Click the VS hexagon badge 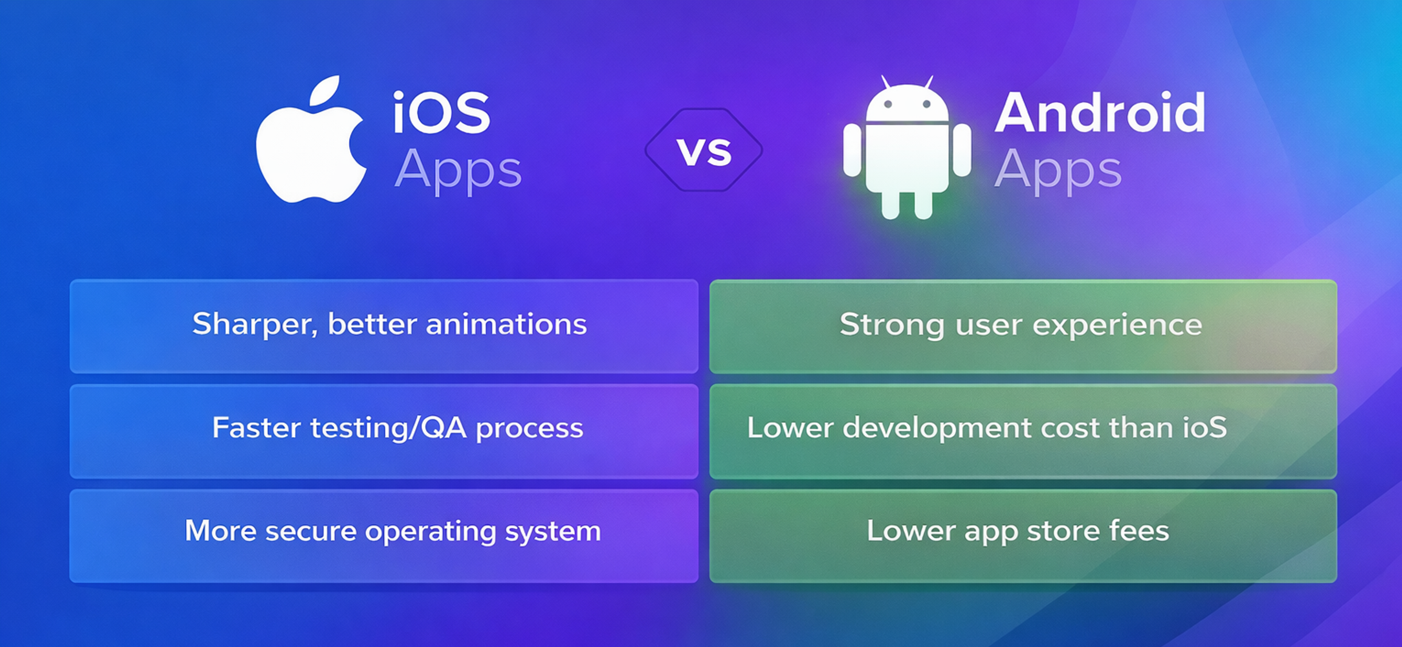704,150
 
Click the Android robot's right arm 961,150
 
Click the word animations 506,324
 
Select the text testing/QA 388,428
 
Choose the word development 936,428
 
